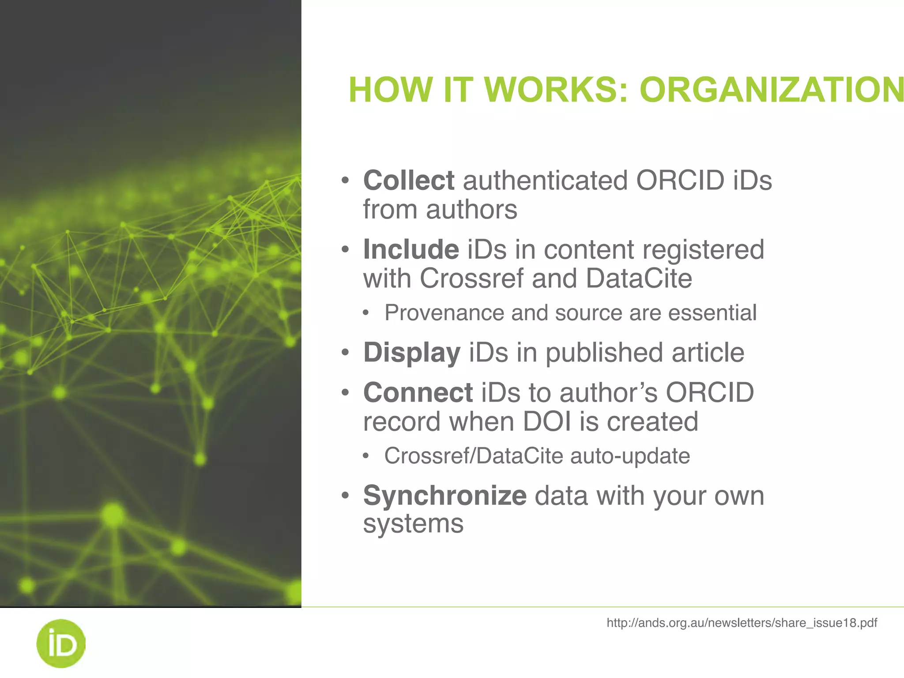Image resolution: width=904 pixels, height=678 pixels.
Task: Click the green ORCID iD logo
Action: click(60, 643)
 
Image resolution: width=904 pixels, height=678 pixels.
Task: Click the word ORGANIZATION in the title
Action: click(772, 90)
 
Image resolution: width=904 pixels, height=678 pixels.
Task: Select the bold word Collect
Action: click(408, 181)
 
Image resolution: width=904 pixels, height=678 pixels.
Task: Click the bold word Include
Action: click(411, 249)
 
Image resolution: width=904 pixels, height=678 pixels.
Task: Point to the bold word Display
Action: click(411, 353)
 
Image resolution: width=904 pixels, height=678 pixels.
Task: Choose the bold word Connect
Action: click(418, 392)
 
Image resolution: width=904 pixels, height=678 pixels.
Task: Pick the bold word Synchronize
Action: click(444, 495)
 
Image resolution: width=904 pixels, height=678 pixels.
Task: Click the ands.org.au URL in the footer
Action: click(742, 623)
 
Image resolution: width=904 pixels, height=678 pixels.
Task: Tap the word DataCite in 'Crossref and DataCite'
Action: click(639, 279)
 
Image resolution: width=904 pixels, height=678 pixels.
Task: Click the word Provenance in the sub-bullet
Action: click(444, 313)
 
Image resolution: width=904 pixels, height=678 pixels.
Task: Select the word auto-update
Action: click(630, 456)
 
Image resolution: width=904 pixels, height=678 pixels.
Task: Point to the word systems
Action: click(413, 524)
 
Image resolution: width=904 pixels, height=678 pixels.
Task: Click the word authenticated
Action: click(545, 181)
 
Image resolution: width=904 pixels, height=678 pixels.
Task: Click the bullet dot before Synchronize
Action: click(345, 495)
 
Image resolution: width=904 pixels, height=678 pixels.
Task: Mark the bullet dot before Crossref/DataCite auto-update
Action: click(365, 456)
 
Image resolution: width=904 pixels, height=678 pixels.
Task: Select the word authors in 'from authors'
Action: click(471, 210)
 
